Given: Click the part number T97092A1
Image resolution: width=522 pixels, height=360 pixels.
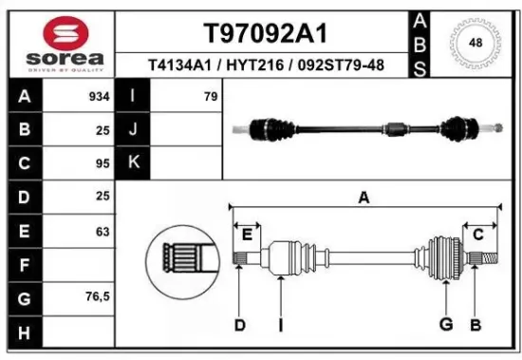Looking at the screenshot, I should click(265, 33).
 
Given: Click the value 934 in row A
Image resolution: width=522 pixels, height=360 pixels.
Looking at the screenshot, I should click(99, 97).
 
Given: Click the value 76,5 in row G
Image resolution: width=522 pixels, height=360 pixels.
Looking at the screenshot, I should click(98, 296).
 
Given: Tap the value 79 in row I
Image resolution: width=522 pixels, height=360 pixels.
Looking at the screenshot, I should click(211, 97).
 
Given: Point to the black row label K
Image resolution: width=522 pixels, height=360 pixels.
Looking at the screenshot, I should click(134, 163).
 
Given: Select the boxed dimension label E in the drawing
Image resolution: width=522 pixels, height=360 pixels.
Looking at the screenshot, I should click(247, 234).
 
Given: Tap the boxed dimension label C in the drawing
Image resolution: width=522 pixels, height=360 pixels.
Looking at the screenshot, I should click(478, 234).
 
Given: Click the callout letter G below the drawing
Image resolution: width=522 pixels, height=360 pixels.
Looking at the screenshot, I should click(445, 326).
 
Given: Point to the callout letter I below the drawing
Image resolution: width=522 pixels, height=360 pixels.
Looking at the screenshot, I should click(282, 326).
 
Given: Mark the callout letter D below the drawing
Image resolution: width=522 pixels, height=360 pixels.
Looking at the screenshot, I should click(239, 326).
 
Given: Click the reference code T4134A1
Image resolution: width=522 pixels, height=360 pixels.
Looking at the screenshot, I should click(180, 66).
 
